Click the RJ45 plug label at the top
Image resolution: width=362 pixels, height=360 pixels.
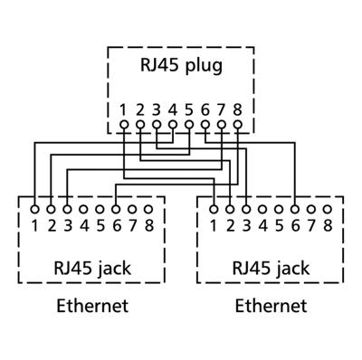pos(180,66)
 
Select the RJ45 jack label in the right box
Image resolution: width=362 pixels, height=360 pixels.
pos(271,269)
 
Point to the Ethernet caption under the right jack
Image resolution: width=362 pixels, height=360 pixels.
pos(271,306)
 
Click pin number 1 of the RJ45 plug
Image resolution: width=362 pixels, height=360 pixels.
pos(124,109)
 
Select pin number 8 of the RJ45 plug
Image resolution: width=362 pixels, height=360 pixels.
pos(237,109)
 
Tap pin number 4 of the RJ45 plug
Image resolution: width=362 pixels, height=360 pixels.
pos(173,109)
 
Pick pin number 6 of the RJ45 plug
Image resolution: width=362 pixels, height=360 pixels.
pos(205,109)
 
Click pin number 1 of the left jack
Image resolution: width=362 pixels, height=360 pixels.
pos(34,224)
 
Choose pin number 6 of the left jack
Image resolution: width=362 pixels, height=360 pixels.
pos(116,224)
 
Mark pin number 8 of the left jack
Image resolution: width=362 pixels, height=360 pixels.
pos(148,224)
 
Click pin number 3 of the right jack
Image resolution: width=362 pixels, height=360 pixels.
pos(246,224)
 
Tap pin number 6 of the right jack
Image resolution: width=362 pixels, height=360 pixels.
pos(295,224)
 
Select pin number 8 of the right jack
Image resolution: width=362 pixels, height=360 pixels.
pos(328,224)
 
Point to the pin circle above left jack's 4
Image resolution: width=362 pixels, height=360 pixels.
pos(83,209)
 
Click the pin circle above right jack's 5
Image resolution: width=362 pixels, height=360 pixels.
pos(279,209)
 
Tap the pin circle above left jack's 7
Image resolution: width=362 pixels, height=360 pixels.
pos(132,209)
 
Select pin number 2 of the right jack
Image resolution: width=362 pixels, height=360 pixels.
pos(230,224)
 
